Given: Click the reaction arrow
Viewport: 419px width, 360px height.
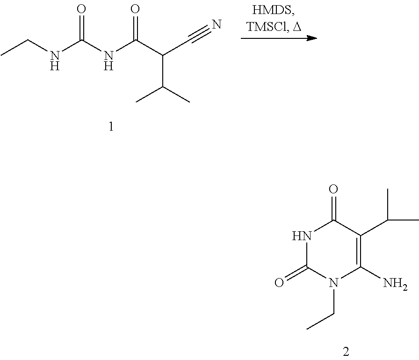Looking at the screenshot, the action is pyautogui.click(x=279, y=39).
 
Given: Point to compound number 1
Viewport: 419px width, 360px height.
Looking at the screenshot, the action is pyautogui.click(x=111, y=127).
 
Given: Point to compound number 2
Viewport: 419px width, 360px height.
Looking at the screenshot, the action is pyautogui.click(x=346, y=351).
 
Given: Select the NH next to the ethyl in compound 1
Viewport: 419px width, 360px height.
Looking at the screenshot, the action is pyautogui.click(x=55, y=59).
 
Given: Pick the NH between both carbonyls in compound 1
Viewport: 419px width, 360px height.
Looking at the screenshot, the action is pyautogui.click(x=109, y=59).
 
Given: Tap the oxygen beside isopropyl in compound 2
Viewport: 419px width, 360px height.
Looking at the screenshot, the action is pyautogui.click(x=333, y=190).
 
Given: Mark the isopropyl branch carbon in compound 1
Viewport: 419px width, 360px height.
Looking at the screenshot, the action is pyautogui.click(x=163, y=87).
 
